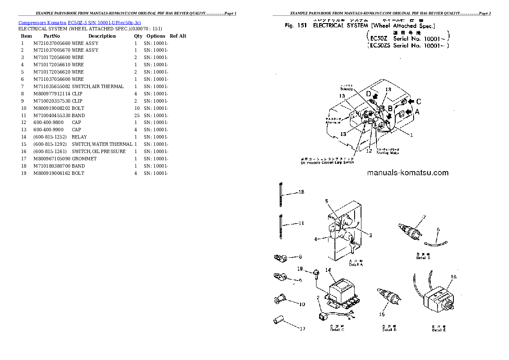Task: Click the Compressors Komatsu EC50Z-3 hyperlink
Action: tap(80, 22)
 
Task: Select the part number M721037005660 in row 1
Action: tap(52, 43)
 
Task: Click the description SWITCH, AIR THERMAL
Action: tap(98, 86)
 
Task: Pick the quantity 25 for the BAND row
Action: tap(136, 115)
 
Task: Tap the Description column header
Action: tap(102, 36)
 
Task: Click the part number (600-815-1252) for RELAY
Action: tap(50, 137)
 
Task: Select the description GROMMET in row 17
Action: tap(84, 159)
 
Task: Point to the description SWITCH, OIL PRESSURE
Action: tap(99, 151)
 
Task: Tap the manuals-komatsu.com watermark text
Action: tap(407, 173)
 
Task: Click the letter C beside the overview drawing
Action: tap(418, 101)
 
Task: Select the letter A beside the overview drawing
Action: tap(417, 112)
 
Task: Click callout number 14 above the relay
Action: tap(328, 270)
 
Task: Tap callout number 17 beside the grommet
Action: tap(302, 329)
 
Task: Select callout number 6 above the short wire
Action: tap(438, 230)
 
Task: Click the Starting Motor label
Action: tap(388, 153)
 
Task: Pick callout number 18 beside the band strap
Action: tap(301, 192)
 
